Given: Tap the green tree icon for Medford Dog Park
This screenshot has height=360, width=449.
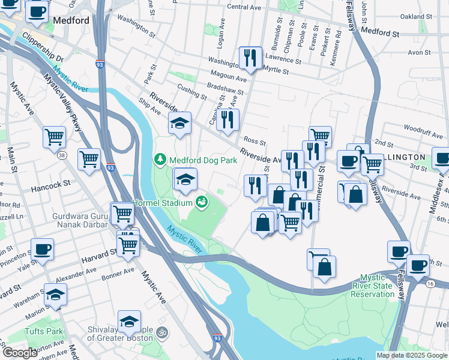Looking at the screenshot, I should pyautogui.click(x=160, y=160).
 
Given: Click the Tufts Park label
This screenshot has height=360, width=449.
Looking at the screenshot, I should pyautogui.click(x=44, y=331).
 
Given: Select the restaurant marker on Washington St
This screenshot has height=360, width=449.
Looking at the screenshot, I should pyautogui.click(x=248, y=58).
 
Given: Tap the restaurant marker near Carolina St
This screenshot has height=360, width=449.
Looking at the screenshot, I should pyautogui.click(x=228, y=119).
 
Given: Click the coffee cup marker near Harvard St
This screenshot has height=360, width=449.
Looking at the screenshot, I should pyautogui.click(x=42, y=249).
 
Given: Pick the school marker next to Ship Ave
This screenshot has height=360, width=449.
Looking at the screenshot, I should pyautogui.click(x=179, y=123).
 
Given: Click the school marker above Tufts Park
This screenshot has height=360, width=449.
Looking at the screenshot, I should pyautogui.click(x=55, y=295).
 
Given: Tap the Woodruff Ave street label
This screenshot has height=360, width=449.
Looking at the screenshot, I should pyautogui.click(x=423, y=128).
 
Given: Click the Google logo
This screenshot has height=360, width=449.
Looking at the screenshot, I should pyautogui.click(x=20, y=353).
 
